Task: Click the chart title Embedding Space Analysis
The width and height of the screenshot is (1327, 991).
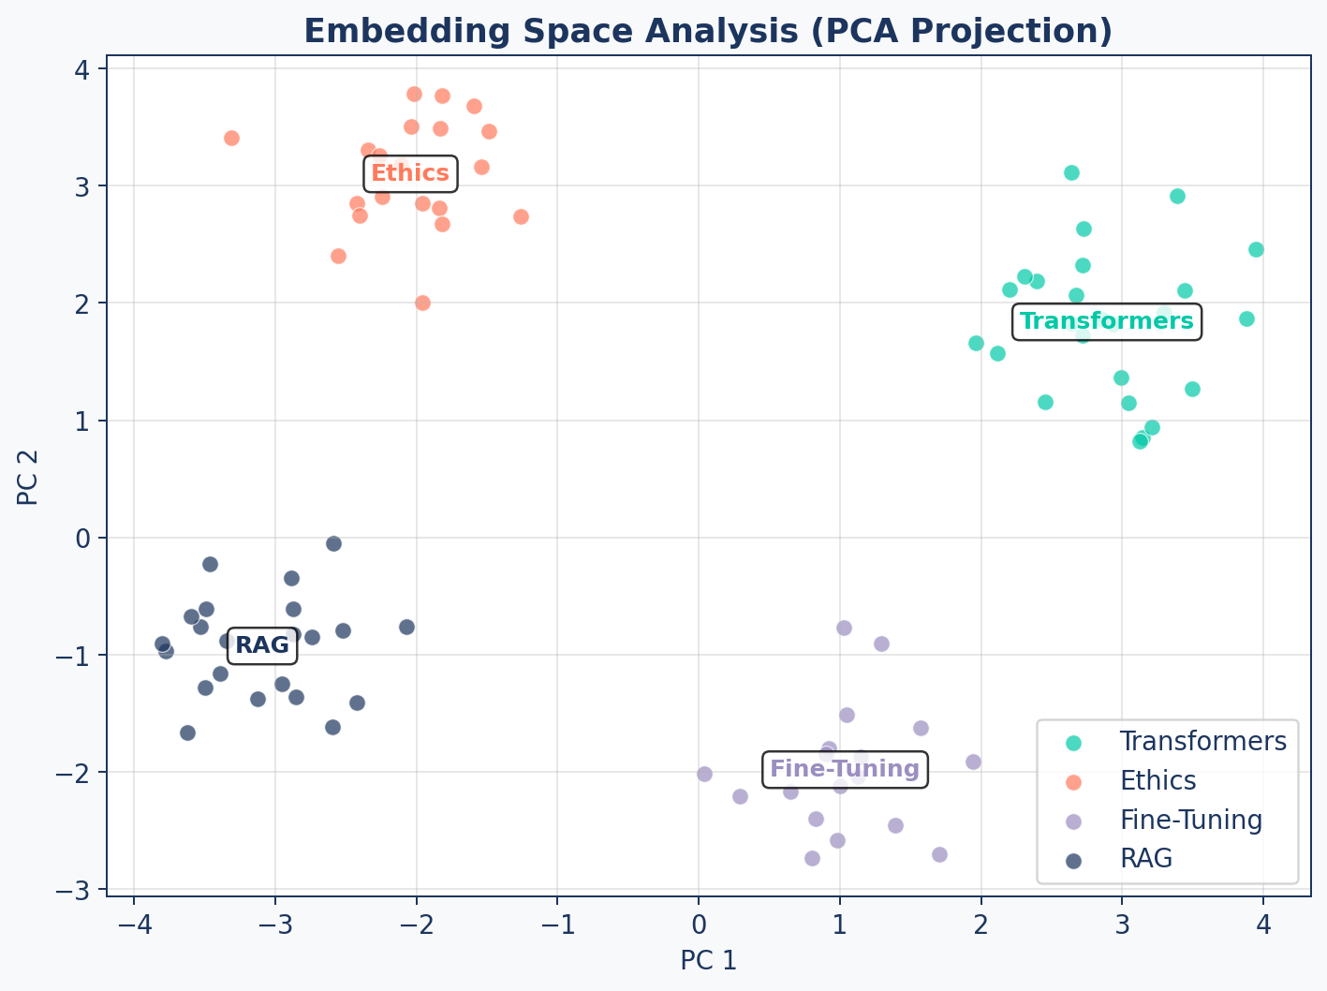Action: [708, 32]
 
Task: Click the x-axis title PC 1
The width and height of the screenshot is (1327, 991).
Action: [708, 960]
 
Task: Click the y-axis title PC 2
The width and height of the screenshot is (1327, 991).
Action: [28, 478]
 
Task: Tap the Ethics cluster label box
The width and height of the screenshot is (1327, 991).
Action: [410, 173]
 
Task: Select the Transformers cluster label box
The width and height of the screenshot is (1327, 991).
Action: [1106, 321]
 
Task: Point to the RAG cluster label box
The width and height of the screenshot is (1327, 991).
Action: [262, 645]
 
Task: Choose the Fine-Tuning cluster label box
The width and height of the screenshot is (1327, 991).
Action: [845, 770]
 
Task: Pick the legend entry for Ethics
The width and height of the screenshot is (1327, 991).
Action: [1157, 780]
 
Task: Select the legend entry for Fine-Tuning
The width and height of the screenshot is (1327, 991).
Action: [1190, 821]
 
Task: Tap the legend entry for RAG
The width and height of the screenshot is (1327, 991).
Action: [1146, 859]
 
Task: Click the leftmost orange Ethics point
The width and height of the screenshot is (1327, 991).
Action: [231, 138]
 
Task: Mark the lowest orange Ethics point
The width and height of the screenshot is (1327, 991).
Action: [422, 303]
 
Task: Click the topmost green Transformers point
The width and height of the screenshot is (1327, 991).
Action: [1071, 172]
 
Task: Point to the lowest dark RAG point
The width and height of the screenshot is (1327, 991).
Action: [187, 732]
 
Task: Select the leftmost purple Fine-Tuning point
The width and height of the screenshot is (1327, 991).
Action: [704, 774]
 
